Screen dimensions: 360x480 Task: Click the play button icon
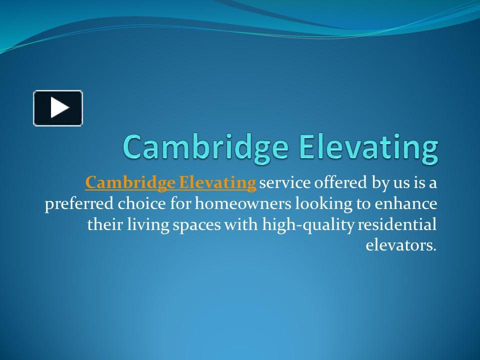pyautogui.click(x=58, y=108)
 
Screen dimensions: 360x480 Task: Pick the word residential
pyautogui.click(x=398, y=224)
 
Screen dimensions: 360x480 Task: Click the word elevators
pyautogui.click(x=401, y=245)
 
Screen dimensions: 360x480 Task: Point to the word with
pyautogui.click(x=242, y=224)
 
